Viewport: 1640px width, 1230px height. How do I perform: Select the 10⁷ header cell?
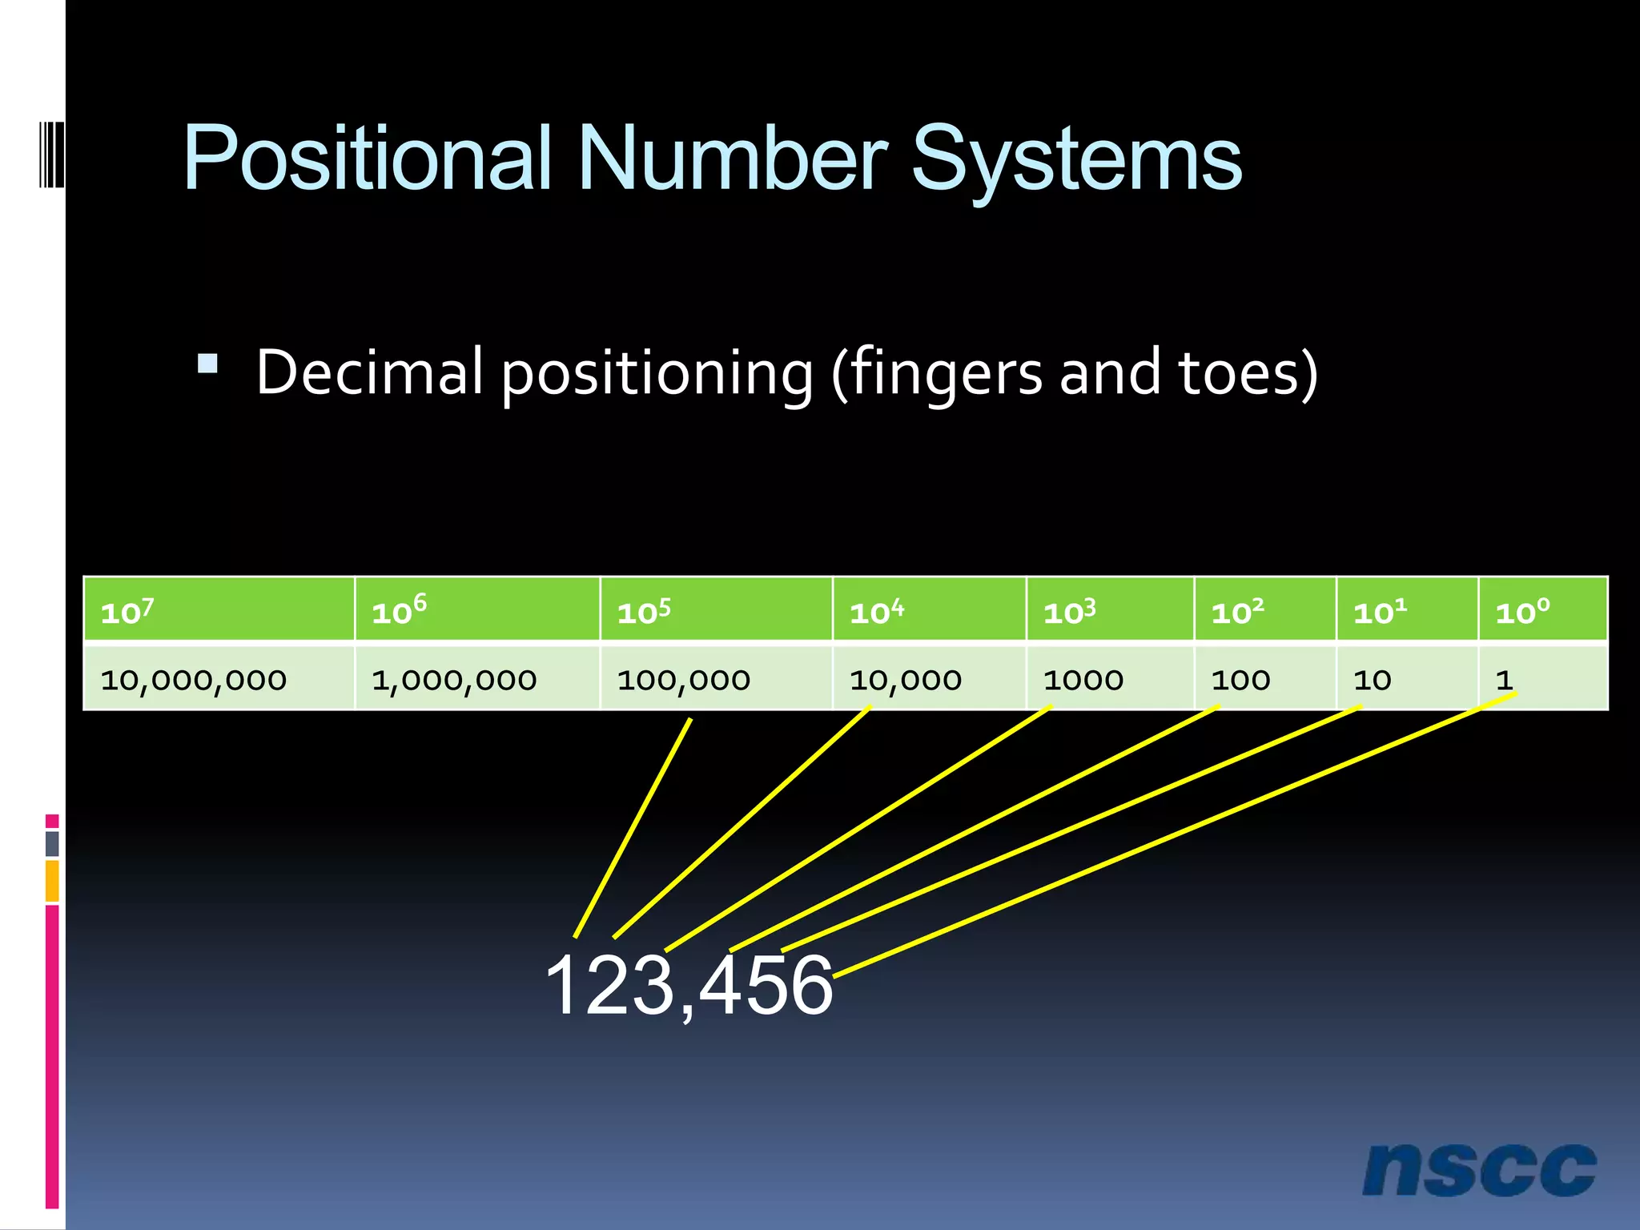[x=218, y=611]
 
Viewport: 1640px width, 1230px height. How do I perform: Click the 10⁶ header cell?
[x=476, y=611]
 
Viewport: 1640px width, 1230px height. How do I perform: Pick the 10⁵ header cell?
[x=715, y=611]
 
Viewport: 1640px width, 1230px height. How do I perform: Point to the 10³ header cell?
[x=1109, y=611]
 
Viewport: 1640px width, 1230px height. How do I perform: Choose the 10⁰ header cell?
[x=1542, y=611]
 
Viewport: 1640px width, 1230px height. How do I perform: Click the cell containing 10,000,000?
[x=218, y=679]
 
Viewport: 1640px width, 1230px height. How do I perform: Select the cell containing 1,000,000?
[x=476, y=679]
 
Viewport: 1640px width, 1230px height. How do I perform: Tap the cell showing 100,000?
[x=715, y=679]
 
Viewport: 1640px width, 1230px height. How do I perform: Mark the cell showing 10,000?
[x=928, y=679]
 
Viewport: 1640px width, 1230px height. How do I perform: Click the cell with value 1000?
[x=1109, y=679]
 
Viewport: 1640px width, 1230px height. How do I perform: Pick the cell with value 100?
[x=1264, y=679]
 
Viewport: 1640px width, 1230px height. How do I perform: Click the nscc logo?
[x=1479, y=1170]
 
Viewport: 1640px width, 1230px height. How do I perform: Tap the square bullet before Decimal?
[x=207, y=364]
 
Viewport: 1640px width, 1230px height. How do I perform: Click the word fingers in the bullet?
[x=945, y=373]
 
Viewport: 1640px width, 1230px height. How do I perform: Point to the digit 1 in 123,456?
[x=565, y=987]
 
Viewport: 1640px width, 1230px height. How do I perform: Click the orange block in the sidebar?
[x=52, y=880]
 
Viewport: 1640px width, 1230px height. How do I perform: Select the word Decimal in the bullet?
[x=370, y=372]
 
